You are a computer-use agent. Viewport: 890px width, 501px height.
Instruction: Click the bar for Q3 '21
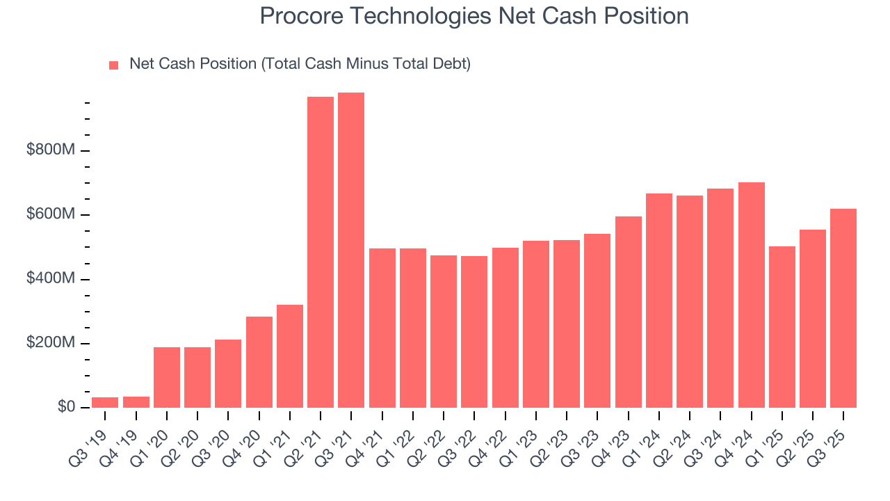[351, 250]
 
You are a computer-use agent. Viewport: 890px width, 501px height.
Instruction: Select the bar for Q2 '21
[321, 252]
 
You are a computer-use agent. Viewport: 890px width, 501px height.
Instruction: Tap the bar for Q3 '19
[105, 402]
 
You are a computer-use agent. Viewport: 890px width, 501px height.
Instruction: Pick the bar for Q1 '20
[167, 377]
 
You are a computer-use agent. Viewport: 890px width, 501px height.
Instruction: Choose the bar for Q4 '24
[752, 295]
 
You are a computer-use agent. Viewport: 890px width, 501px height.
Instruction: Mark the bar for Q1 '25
[782, 327]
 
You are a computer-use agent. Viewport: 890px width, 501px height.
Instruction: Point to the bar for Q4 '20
[259, 362]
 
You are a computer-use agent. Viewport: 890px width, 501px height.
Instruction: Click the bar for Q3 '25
[843, 308]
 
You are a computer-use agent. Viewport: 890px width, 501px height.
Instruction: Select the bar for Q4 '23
[629, 312]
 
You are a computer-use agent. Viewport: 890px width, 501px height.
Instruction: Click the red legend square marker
[114, 65]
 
